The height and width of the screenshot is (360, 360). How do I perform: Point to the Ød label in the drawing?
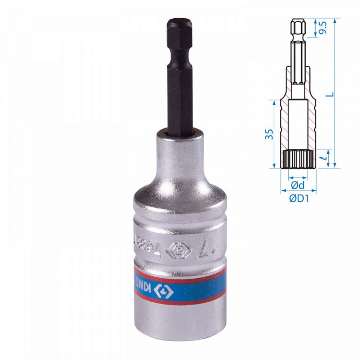[298, 186]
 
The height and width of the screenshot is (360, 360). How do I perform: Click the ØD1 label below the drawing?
[298, 199]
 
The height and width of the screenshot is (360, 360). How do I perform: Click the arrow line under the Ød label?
[298, 177]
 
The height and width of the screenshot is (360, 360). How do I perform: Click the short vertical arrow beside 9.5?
[315, 27]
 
